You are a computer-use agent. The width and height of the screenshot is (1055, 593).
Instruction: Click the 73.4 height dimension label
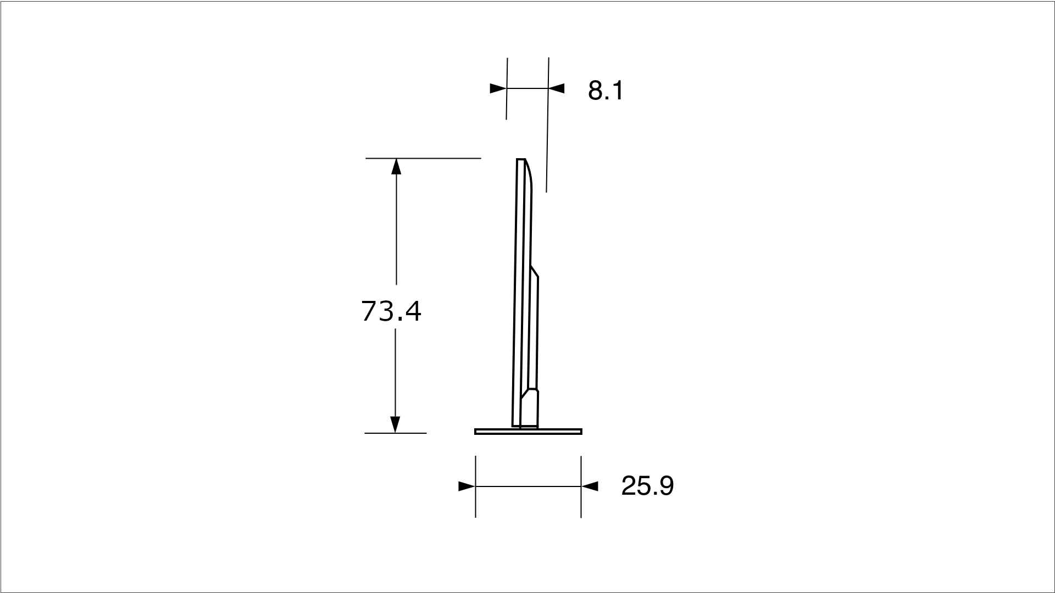tap(391, 311)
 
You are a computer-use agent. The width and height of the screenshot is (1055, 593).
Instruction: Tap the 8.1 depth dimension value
tap(606, 91)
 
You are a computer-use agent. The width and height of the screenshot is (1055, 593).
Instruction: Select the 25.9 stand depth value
tap(647, 486)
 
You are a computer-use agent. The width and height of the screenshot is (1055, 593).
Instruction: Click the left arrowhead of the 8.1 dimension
tap(498, 88)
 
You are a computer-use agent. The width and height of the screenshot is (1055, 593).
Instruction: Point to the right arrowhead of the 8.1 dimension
tap(556, 88)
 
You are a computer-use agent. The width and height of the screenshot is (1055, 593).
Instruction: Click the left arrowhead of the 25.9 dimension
tap(467, 486)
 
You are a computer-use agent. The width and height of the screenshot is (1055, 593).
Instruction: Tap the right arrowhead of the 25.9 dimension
tap(590, 486)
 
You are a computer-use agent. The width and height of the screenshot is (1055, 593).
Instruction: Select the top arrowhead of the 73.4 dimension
tap(396, 166)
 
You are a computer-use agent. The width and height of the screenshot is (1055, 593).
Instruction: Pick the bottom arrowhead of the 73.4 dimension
tap(395, 424)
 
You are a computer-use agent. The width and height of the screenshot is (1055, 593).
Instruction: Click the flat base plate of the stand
tap(528, 432)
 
